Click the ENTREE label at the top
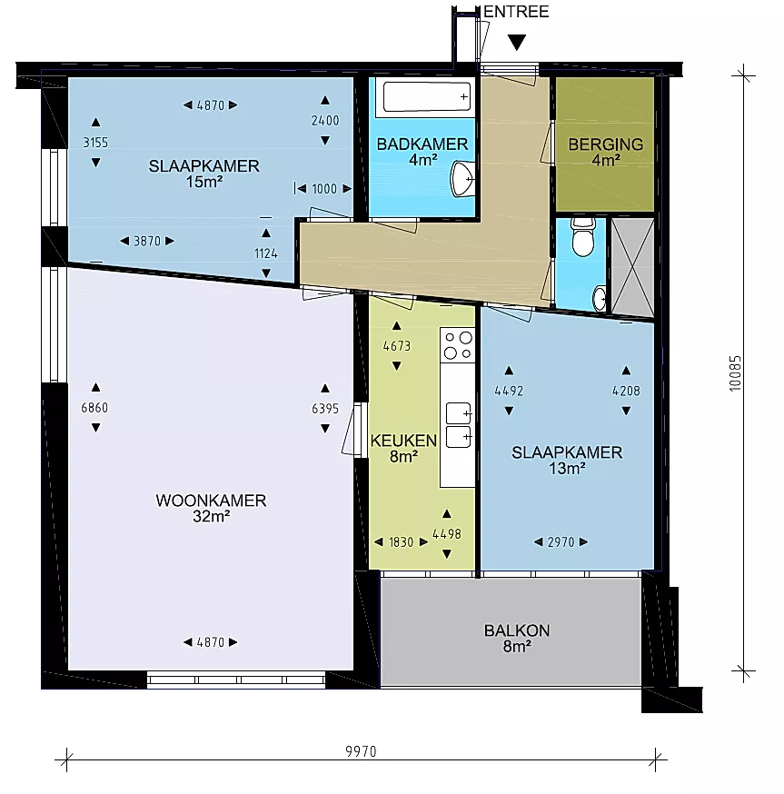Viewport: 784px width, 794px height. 516,12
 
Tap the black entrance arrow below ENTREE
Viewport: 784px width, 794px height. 517,43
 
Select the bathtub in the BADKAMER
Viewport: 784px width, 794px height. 426,96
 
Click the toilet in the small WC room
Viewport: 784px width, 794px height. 583,236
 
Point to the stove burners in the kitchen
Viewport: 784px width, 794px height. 458,345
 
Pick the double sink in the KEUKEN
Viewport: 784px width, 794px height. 459,425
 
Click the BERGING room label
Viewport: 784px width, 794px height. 606,144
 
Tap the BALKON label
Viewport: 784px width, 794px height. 517,630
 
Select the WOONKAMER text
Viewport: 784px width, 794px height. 211,501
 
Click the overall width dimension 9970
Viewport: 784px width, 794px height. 361,751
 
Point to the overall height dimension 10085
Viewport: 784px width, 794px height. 735,373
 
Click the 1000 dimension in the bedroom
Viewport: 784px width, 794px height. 324,189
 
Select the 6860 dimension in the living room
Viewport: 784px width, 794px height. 94,408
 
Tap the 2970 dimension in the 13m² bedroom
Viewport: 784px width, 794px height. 561,542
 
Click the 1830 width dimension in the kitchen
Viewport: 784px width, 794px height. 402,542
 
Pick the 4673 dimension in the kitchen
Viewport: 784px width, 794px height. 397,346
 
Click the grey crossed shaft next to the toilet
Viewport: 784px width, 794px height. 632,267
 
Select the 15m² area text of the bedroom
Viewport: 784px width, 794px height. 204,182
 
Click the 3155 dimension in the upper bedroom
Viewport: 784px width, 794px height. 95,143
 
